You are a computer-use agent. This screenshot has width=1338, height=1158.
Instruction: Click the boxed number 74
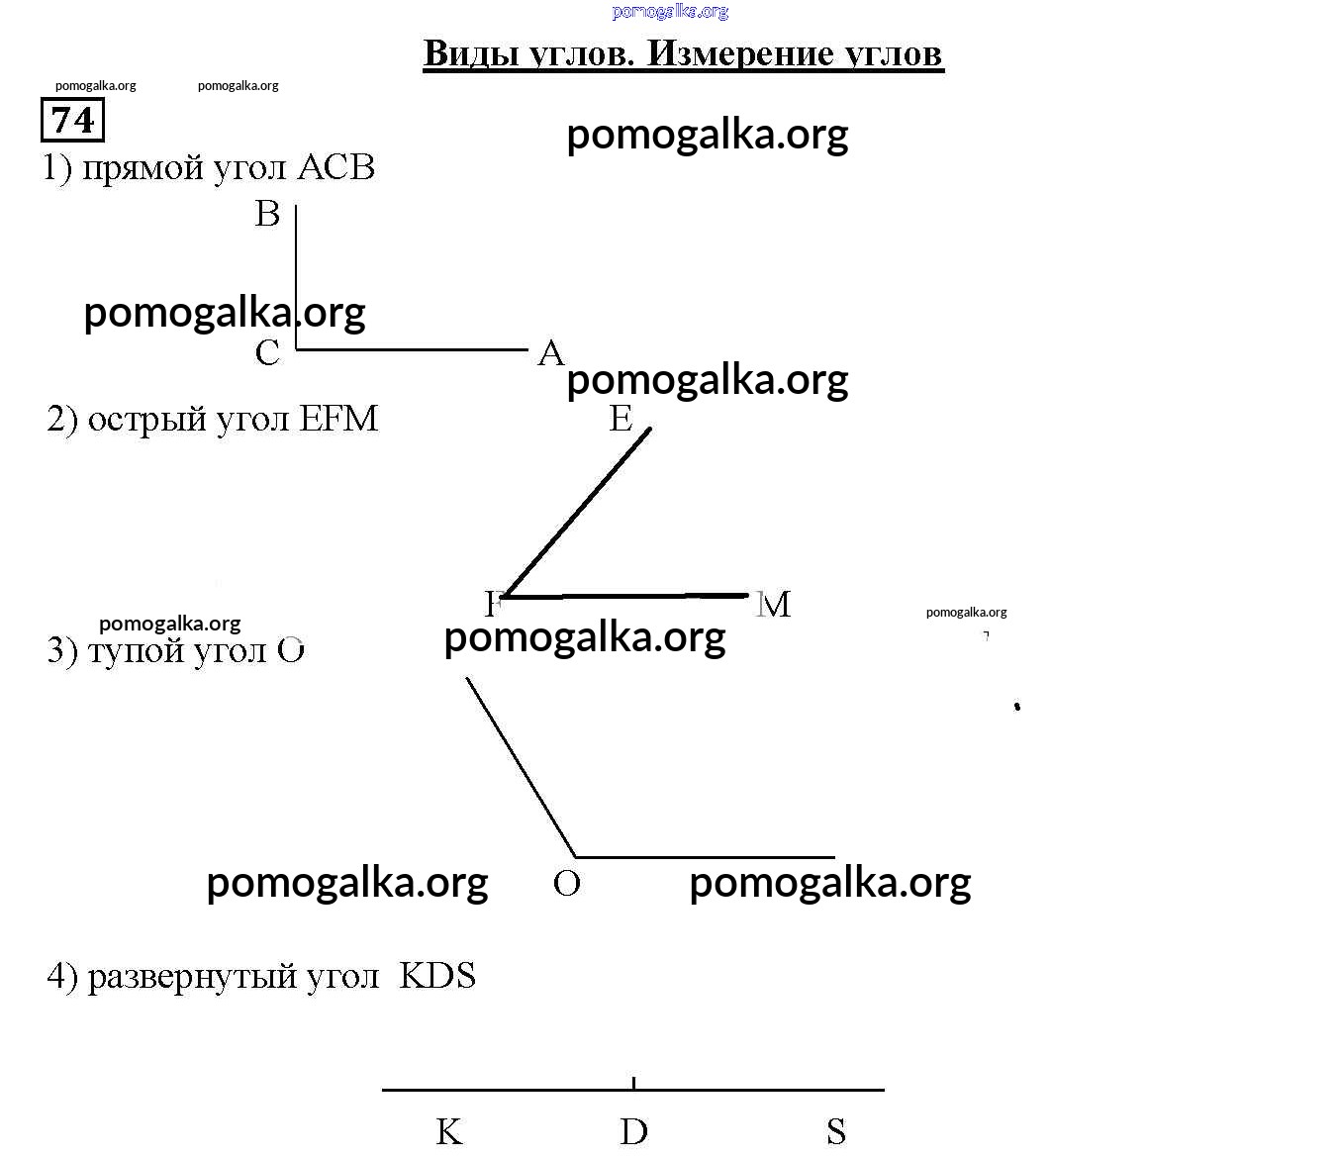point(72,120)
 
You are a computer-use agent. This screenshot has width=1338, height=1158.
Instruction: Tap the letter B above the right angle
point(268,214)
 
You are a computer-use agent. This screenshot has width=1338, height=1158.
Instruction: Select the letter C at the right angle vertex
point(268,353)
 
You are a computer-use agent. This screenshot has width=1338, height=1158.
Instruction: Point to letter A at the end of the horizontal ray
point(550,353)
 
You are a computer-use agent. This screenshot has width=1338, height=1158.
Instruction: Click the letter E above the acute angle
point(621,420)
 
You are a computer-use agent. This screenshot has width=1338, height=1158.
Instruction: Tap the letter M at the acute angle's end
point(774,605)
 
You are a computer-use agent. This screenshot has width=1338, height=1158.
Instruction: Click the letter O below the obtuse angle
point(567,884)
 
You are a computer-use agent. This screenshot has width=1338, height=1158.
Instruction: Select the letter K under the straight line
point(449,1131)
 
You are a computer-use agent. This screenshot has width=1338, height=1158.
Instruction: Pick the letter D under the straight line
point(633,1131)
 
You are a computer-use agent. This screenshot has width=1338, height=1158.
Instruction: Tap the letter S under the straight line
point(836,1131)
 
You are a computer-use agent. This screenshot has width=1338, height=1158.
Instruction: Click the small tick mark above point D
point(633,1083)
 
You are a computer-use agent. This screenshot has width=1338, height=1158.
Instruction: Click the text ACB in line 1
point(335,168)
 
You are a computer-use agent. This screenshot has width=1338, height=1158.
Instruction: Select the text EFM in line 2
point(338,420)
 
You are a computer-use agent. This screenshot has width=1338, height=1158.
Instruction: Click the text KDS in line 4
point(437,976)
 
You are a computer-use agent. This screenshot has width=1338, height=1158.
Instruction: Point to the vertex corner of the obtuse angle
point(576,856)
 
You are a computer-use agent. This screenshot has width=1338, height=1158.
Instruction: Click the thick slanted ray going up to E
point(578,511)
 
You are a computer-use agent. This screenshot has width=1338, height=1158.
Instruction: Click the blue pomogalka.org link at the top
point(670,12)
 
